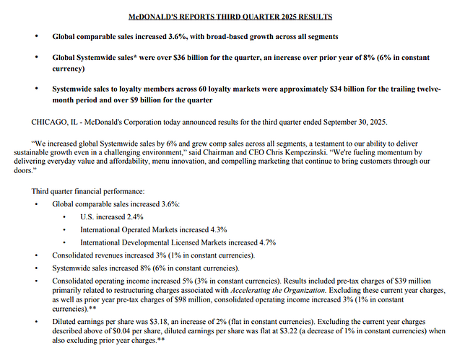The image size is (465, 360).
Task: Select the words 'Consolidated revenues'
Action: click(85, 255)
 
